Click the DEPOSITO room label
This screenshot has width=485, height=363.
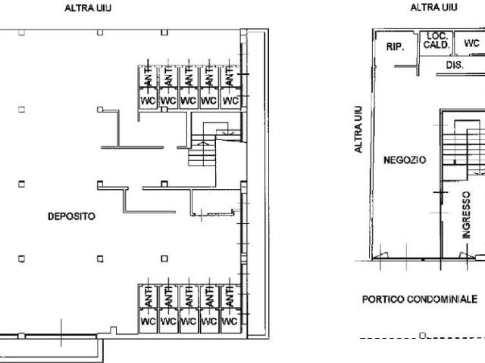pos(71,216)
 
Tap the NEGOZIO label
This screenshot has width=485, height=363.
pos(405,160)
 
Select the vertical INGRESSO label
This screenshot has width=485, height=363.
pos(466,215)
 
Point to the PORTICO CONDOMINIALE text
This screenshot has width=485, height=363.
pos(420,299)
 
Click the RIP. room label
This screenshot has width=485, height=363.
pos(395,47)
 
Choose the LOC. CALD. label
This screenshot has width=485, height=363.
pos(436,40)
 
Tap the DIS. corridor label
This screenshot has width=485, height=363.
pos(455,65)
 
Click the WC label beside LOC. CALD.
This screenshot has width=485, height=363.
pos(471,43)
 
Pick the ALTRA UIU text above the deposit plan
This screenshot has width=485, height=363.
pos(88,8)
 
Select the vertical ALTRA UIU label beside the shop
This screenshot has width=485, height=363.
pos(358,129)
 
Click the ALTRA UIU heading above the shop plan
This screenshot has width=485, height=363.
pos(433,8)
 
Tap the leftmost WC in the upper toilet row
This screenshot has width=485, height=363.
pos(149,101)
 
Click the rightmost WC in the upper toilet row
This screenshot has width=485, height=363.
pos(230,101)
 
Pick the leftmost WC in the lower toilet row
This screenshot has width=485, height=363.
pos(149,321)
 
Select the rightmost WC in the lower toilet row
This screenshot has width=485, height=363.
pos(230,321)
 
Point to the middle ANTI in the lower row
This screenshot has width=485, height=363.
pos(189,296)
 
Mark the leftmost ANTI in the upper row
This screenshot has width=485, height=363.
pos(149,76)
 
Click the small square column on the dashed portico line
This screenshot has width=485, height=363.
pos(423,335)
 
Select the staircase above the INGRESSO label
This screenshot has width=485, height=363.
pos(463,147)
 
